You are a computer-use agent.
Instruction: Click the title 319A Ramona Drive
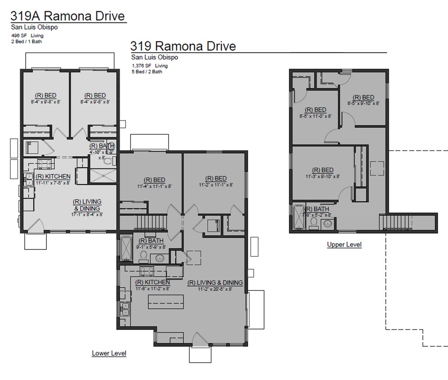(68, 16)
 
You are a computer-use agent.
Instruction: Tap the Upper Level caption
(344, 244)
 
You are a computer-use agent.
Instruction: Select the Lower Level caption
(109, 353)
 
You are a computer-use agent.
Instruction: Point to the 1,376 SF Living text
(149, 66)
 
